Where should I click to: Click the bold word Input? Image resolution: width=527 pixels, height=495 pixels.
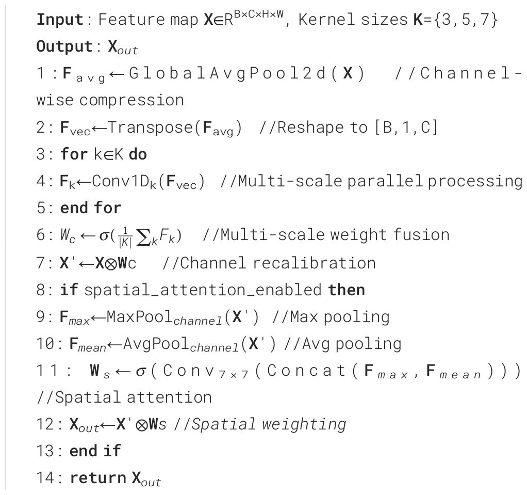[x=60, y=20]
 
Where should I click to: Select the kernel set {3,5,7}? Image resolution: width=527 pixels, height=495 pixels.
[x=469, y=20]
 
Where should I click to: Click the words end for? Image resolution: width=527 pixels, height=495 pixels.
[x=91, y=207]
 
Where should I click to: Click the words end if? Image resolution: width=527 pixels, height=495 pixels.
[x=95, y=451]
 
